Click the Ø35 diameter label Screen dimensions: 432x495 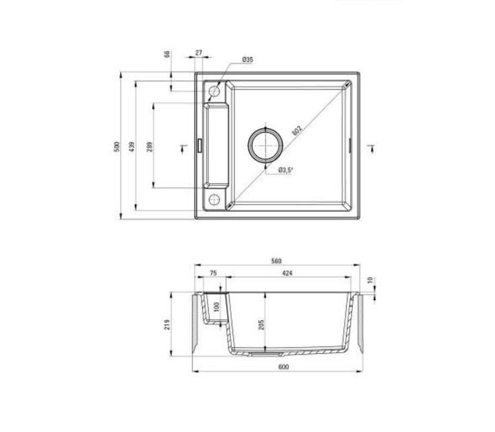246,61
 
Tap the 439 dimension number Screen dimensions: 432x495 132,147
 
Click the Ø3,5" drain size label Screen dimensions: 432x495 286,170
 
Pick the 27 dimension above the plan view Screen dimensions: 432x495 199,52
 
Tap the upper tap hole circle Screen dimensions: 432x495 214,91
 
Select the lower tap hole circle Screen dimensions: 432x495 214,199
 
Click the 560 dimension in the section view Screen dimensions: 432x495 276,261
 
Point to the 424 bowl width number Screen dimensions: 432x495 287,273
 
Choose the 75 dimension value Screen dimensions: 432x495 213,273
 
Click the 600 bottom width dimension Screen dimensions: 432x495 283,367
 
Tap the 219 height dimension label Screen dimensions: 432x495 168,324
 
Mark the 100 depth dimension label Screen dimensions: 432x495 216,307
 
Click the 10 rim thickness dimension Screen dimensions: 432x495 370,280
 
